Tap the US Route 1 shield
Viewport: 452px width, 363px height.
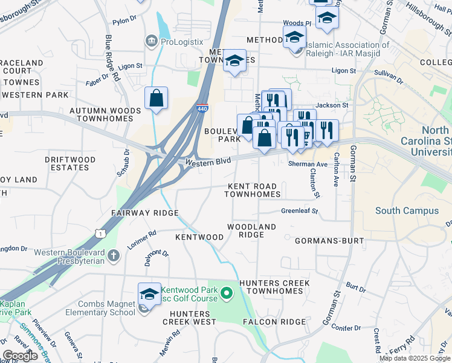tap(101, 233)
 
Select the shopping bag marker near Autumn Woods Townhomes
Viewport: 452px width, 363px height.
tap(156, 99)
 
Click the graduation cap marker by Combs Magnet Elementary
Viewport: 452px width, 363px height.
tap(149, 295)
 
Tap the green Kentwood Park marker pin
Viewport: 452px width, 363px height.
tap(227, 295)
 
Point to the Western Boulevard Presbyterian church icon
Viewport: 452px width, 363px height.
tap(113, 257)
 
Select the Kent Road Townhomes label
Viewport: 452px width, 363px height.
tap(253, 190)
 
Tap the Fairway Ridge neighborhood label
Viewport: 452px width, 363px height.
tap(144, 213)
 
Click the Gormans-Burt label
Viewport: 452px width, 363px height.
tap(329, 241)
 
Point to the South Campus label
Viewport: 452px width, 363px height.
tap(407, 211)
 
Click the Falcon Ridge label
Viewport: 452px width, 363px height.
tap(274, 322)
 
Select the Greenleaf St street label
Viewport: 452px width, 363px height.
tap(299, 211)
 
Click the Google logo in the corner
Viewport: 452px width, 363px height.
tap(21, 356)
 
